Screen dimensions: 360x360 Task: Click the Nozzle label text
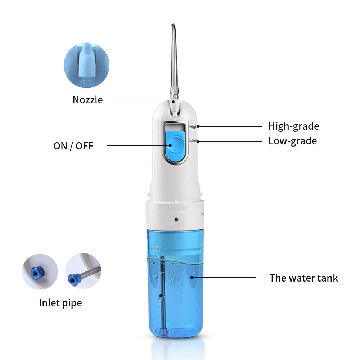(x=87, y=100)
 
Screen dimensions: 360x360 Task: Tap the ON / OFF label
(x=73, y=146)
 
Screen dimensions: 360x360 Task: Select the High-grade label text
(x=293, y=126)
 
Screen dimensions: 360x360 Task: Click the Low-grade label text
(x=292, y=141)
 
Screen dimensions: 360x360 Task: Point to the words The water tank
(x=303, y=278)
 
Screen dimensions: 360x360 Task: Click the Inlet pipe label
(x=60, y=303)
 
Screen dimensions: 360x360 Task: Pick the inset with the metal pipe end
(x=83, y=271)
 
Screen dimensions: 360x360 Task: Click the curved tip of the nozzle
(x=173, y=27)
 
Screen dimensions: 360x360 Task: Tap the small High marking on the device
(x=193, y=127)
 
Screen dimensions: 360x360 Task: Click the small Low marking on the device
(x=193, y=140)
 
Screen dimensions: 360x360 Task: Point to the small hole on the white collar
(x=176, y=219)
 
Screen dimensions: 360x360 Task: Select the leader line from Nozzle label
(x=140, y=102)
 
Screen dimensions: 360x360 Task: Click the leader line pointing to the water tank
(x=223, y=278)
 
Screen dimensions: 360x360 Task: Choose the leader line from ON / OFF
(x=137, y=145)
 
